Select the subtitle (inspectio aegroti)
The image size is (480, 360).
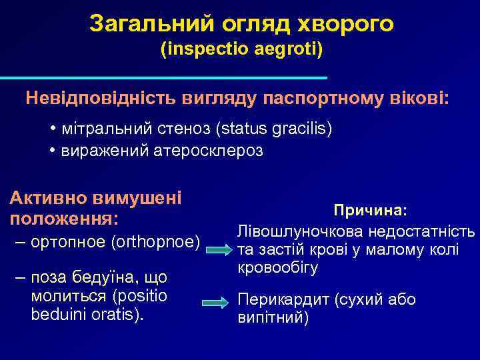click(241, 49)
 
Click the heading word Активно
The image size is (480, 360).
click(47, 197)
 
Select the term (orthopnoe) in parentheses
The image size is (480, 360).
click(158, 240)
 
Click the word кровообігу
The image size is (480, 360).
click(278, 268)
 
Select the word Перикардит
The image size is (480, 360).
click(279, 299)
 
